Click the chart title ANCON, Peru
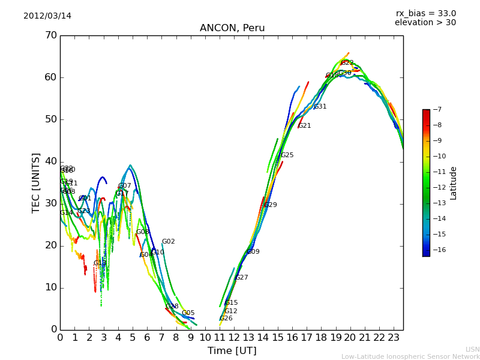(232, 28)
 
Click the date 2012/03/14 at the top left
(47, 16)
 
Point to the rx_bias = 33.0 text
(425, 13)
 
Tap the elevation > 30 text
(425, 23)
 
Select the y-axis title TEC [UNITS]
(36, 182)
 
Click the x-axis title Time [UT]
(232, 351)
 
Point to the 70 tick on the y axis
(50, 35)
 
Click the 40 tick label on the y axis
(50, 161)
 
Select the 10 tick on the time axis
(205, 338)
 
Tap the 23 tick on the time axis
(394, 338)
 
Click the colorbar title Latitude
(454, 183)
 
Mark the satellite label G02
(169, 242)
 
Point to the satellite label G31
(320, 107)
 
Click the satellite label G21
(305, 126)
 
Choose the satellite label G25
(287, 155)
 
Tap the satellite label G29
(271, 205)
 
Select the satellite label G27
(242, 278)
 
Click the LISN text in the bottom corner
(473, 349)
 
